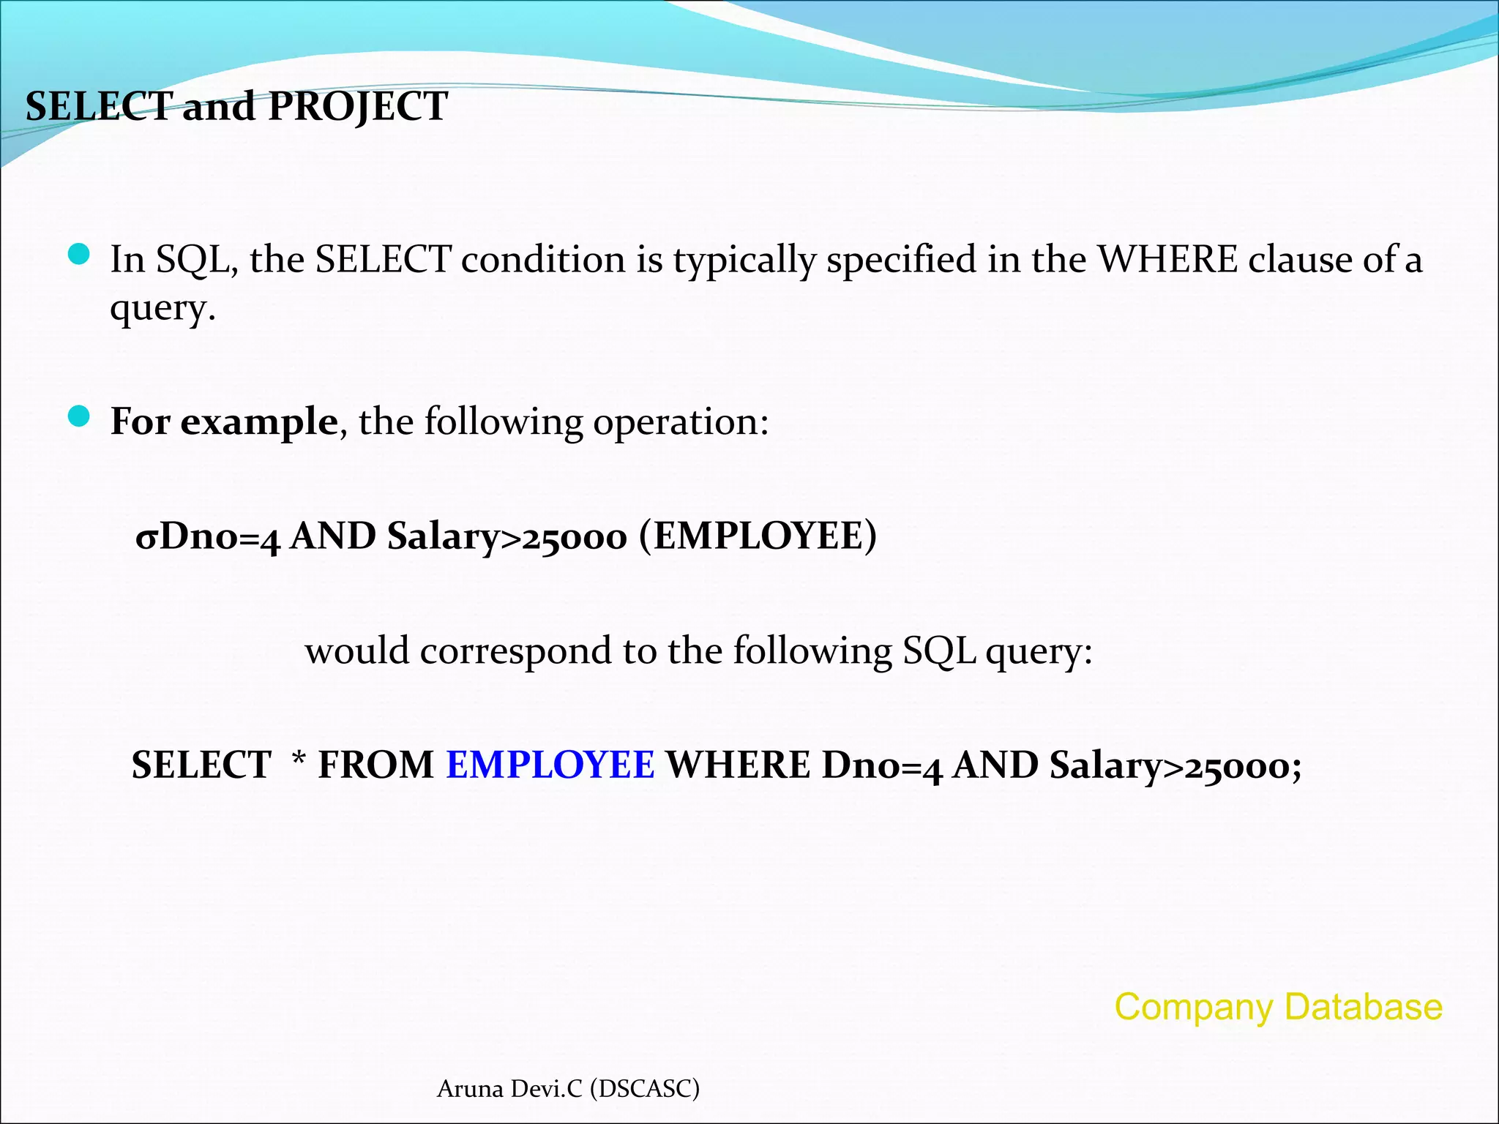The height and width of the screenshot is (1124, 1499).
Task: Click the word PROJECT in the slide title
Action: click(358, 107)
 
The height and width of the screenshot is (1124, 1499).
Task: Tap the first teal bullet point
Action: click(78, 255)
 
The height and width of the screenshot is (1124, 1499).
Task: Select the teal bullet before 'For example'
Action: click(78, 417)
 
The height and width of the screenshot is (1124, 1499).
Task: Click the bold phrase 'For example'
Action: click(224, 421)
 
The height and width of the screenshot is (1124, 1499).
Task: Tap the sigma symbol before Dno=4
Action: click(146, 538)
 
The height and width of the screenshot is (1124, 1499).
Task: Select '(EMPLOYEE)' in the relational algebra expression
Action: click(758, 536)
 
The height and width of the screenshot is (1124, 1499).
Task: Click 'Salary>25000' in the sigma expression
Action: click(507, 537)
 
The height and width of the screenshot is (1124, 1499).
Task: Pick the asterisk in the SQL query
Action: click(299, 761)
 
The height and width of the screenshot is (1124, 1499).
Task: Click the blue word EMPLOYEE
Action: click(550, 765)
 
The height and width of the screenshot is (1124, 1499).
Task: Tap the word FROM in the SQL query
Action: click(376, 765)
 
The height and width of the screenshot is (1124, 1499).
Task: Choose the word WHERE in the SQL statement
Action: click(739, 765)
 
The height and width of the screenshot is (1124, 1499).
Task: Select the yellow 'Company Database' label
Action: click(1278, 1007)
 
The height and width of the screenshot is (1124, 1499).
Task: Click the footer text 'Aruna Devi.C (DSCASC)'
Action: click(568, 1089)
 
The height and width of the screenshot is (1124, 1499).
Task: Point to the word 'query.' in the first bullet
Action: click(162, 309)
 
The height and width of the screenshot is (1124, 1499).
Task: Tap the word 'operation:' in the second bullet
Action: click(681, 422)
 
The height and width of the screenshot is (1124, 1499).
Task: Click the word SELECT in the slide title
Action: click(99, 107)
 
